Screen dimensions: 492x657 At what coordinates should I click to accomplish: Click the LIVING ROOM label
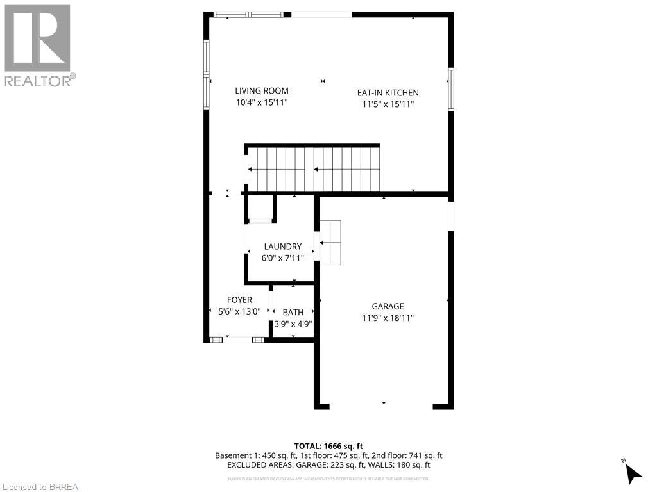[x=261, y=91]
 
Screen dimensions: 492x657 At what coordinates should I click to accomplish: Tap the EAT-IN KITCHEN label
[x=388, y=93]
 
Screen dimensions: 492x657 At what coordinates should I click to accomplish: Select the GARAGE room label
[x=388, y=306]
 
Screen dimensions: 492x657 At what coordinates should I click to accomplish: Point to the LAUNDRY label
[x=282, y=247]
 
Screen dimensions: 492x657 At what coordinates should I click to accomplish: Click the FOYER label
[x=239, y=300]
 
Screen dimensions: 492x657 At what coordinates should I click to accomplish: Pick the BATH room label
[x=293, y=312]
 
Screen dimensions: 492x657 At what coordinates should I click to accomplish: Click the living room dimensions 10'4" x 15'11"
[x=261, y=103]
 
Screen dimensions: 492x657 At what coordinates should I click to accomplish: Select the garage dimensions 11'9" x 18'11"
[x=388, y=318]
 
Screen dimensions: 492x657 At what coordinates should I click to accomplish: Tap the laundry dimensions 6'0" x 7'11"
[x=282, y=258]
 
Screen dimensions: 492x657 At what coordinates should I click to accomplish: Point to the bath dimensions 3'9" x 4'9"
[x=293, y=324]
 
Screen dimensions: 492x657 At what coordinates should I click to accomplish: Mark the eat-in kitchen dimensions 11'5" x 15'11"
[x=388, y=104]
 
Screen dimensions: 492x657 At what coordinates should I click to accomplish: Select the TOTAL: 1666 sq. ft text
[x=328, y=446]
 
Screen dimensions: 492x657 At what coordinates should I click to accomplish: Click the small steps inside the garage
[x=330, y=243]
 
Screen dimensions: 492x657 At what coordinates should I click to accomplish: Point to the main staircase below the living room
[x=314, y=169]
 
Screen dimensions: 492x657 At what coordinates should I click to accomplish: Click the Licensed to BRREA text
[x=40, y=487]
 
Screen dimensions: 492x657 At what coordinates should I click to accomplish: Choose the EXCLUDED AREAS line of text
[x=328, y=466]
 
